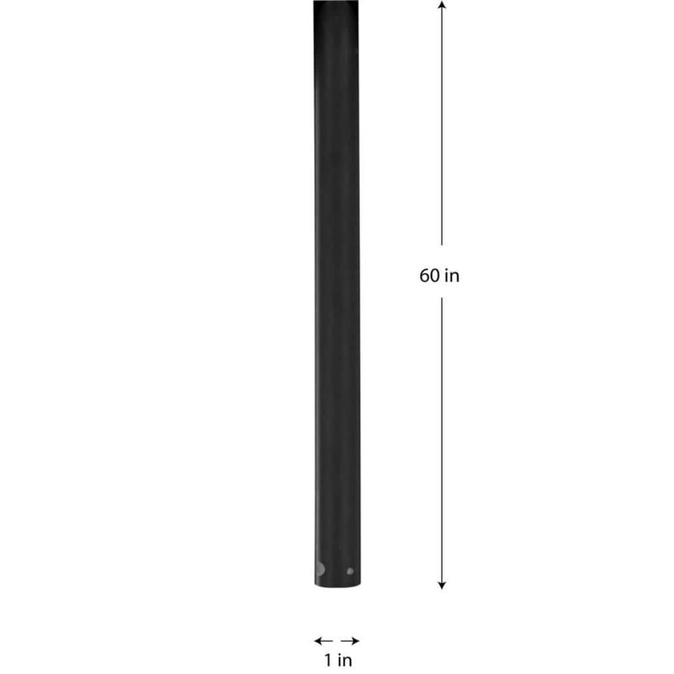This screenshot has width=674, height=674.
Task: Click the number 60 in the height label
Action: pos(430,276)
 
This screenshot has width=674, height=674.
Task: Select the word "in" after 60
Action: pos(452,276)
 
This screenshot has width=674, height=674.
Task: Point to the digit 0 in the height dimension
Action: pos(435,276)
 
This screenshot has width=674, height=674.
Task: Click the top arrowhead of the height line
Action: pos(441,5)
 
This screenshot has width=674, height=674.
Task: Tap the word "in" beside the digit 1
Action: pos(344,660)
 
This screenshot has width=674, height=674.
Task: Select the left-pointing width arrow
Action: pos(324,640)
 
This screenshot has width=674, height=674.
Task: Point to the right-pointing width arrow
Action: pos(350,640)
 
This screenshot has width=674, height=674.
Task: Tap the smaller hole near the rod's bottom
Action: pos(349,571)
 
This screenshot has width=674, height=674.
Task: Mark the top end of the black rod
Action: pos(336,4)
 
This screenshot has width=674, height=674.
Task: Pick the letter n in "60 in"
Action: pos(455,276)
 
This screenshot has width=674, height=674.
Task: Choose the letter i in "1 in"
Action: pos(339,660)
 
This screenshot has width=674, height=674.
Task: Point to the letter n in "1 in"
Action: pos(347,661)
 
